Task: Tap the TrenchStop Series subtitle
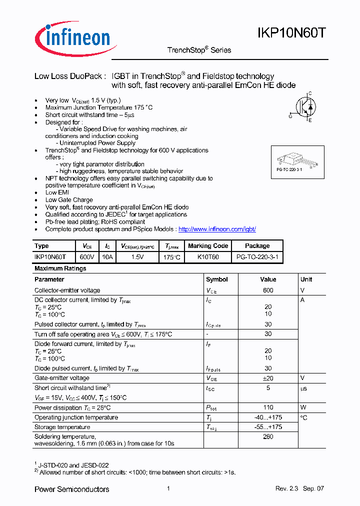click(x=199, y=50)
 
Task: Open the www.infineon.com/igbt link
click(x=217, y=229)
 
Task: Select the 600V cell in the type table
click(x=87, y=256)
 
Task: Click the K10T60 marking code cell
click(x=207, y=256)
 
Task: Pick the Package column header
click(x=257, y=246)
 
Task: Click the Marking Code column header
click(x=207, y=246)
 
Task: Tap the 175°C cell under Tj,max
click(x=171, y=256)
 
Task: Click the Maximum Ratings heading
click(x=60, y=268)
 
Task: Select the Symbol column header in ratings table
click(x=216, y=279)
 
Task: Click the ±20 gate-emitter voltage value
click(x=268, y=378)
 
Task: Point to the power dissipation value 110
click(x=268, y=408)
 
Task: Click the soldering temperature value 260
click(x=268, y=437)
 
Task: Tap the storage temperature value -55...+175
click(x=268, y=427)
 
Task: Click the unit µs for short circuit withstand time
click(x=303, y=388)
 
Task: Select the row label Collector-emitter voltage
click(x=67, y=290)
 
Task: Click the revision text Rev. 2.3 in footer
click(x=286, y=488)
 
